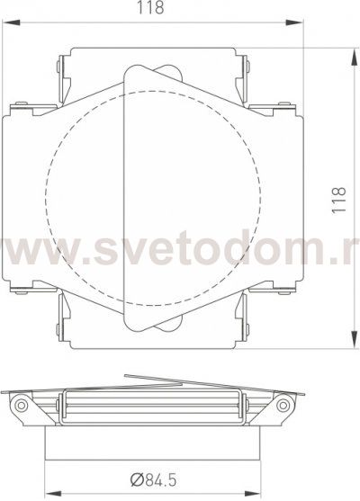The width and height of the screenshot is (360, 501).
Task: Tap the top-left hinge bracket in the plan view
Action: (x=63, y=76)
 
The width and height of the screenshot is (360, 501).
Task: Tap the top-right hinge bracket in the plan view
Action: (x=244, y=76)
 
